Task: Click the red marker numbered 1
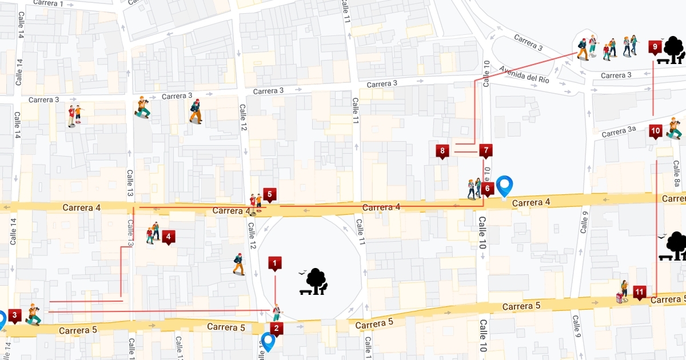point(275,264)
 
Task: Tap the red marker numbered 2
point(277,329)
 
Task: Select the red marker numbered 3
point(15,315)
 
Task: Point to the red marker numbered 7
point(486,151)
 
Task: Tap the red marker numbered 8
point(442,151)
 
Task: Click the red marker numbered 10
point(656,131)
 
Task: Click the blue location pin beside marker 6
point(504,186)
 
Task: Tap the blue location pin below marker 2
point(268,342)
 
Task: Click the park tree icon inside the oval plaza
point(313,282)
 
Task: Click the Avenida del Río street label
point(524,74)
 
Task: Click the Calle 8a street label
point(677,174)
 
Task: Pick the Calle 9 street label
point(584,223)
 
